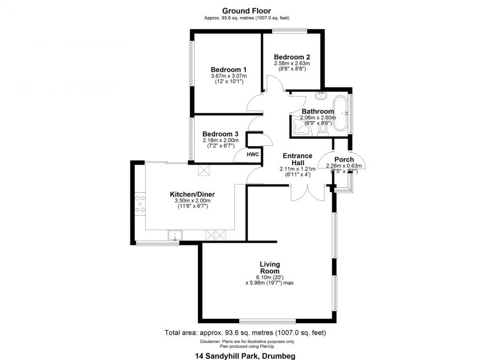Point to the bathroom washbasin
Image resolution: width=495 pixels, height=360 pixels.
[x=322, y=95]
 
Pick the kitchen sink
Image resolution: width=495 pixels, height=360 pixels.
[x=174, y=236]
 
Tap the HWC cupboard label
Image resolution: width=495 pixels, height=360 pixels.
[x=252, y=155]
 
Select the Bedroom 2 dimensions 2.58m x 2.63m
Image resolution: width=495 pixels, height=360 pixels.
[x=292, y=63]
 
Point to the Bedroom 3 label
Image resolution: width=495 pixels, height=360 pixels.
[x=220, y=134]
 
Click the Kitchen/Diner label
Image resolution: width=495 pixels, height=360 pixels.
[x=192, y=194]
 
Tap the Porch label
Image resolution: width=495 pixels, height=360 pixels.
[x=344, y=160]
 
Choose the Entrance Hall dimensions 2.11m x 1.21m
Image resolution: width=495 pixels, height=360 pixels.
[x=298, y=168]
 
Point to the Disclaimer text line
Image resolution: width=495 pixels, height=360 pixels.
[x=247, y=341]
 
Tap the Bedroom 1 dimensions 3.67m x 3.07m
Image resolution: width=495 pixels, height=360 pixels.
[x=228, y=75]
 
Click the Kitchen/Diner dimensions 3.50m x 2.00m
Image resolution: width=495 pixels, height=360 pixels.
[x=192, y=201]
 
